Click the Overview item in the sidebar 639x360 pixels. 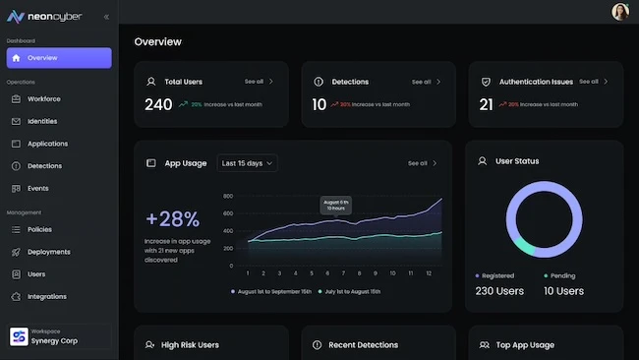coord(58,58)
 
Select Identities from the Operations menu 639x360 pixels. coord(42,121)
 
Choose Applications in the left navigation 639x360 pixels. coord(47,144)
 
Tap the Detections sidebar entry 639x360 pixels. coord(44,166)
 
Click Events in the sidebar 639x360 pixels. coord(37,188)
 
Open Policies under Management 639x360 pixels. coord(39,229)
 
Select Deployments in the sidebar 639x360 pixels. coord(48,252)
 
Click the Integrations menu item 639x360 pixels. coord(47,296)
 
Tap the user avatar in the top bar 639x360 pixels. coord(620,12)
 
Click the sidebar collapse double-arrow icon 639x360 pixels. coord(106,17)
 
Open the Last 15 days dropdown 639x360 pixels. coord(247,163)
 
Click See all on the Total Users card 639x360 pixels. coord(259,82)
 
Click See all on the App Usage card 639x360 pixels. coord(422,163)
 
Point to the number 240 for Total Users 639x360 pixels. coord(158,104)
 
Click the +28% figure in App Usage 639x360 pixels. coord(172,219)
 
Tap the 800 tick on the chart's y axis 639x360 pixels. coord(227,196)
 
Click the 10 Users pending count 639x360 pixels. coord(563,291)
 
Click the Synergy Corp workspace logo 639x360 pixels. coord(18,337)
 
